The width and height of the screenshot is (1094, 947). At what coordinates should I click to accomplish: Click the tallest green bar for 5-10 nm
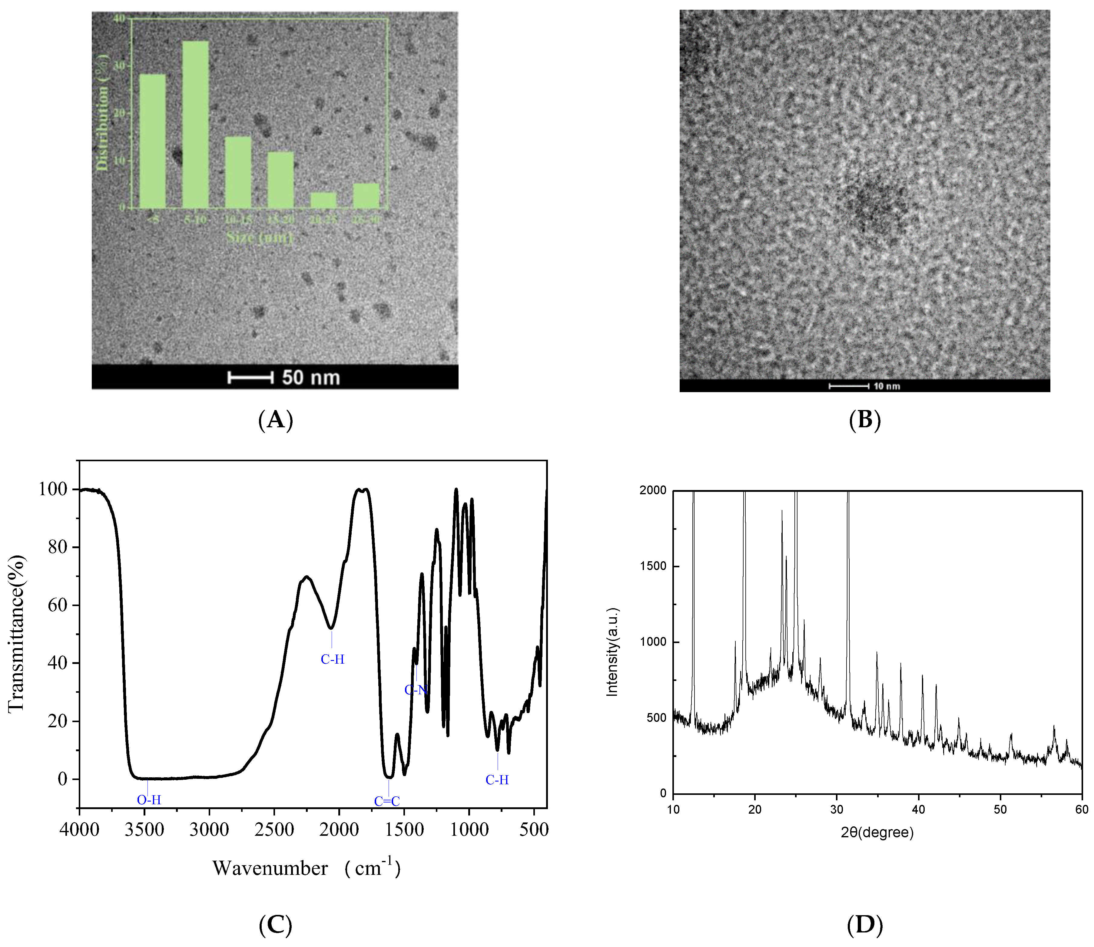[195, 124]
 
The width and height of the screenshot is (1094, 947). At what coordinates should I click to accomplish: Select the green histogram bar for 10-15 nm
[238, 172]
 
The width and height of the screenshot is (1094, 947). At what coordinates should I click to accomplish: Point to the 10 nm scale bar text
[887, 386]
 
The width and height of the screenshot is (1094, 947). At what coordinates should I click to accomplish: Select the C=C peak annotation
[387, 802]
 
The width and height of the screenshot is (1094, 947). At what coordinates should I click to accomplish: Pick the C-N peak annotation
[416, 690]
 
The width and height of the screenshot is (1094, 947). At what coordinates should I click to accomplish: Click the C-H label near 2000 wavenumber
[332, 659]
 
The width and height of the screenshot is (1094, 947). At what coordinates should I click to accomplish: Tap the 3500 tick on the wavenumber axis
[144, 830]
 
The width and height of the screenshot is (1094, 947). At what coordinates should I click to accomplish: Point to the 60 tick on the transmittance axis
[58, 605]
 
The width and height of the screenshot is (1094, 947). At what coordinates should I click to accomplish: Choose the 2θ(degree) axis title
[877, 833]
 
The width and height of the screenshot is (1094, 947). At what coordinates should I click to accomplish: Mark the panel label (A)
[275, 420]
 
